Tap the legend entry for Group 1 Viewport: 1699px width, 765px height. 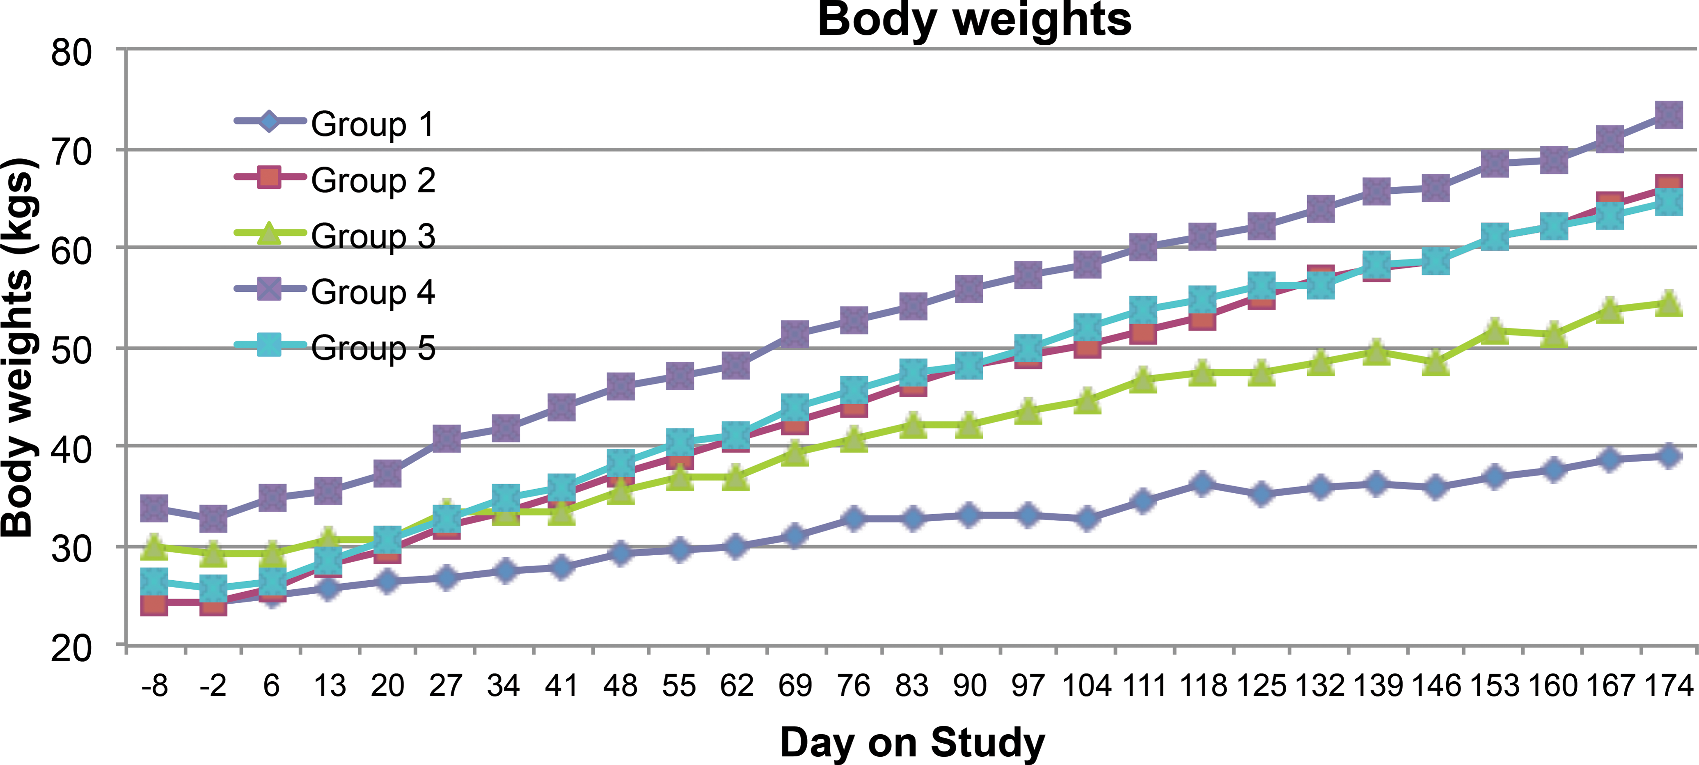click(335, 123)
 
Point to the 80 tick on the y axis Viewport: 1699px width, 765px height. click(71, 53)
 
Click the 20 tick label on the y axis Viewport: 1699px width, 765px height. click(71, 648)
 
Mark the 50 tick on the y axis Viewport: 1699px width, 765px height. click(71, 350)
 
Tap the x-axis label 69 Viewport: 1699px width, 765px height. click(795, 686)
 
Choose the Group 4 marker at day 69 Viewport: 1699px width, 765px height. click(795, 334)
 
